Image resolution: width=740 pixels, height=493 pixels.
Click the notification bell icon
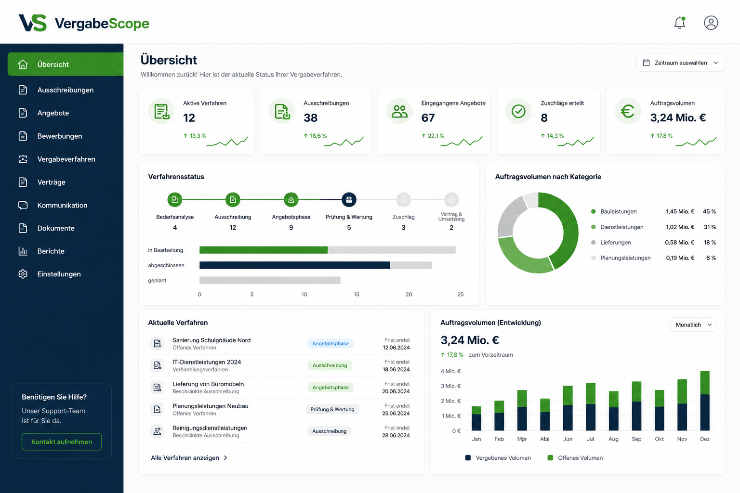pyautogui.click(x=680, y=23)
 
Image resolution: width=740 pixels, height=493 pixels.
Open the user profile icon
pyautogui.click(x=711, y=23)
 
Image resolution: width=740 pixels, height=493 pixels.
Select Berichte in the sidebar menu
pyautogui.click(x=51, y=251)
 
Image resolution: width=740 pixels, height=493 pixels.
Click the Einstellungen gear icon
pyautogui.click(x=23, y=274)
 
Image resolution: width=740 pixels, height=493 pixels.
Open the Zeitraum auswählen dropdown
pyautogui.click(x=681, y=63)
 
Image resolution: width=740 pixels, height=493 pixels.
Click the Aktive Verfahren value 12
pyautogui.click(x=189, y=118)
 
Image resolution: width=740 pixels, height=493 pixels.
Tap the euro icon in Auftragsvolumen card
pyautogui.click(x=627, y=111)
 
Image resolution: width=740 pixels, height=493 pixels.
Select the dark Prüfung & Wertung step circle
pyautogui.click(x=349, y=199)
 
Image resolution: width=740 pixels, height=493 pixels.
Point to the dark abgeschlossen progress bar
pyautogui.click(x=295, y=265)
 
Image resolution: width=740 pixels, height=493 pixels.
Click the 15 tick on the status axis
pyautogui.click(x=357, y=294)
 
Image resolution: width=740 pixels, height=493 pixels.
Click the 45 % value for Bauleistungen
pyautogui.click(x=709, y=211)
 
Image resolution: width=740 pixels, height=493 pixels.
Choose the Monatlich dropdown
pyautogui.click(x=693, y=324)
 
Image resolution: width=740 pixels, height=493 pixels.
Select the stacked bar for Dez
pyautogui.click(x=705, y=401)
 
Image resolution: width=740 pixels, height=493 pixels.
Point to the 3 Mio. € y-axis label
pyautogui.click(x=450, y=386)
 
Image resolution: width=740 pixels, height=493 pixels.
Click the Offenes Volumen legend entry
pyautogui.click(x=575, y=458)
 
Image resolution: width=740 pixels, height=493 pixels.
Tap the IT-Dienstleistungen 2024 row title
pyautogui.click(x=207, y=362)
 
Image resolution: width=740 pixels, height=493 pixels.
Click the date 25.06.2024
pyautogui.click(x=396, y=414)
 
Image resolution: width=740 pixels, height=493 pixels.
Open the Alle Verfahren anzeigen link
pyautogui.click(x=189, y=458)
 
